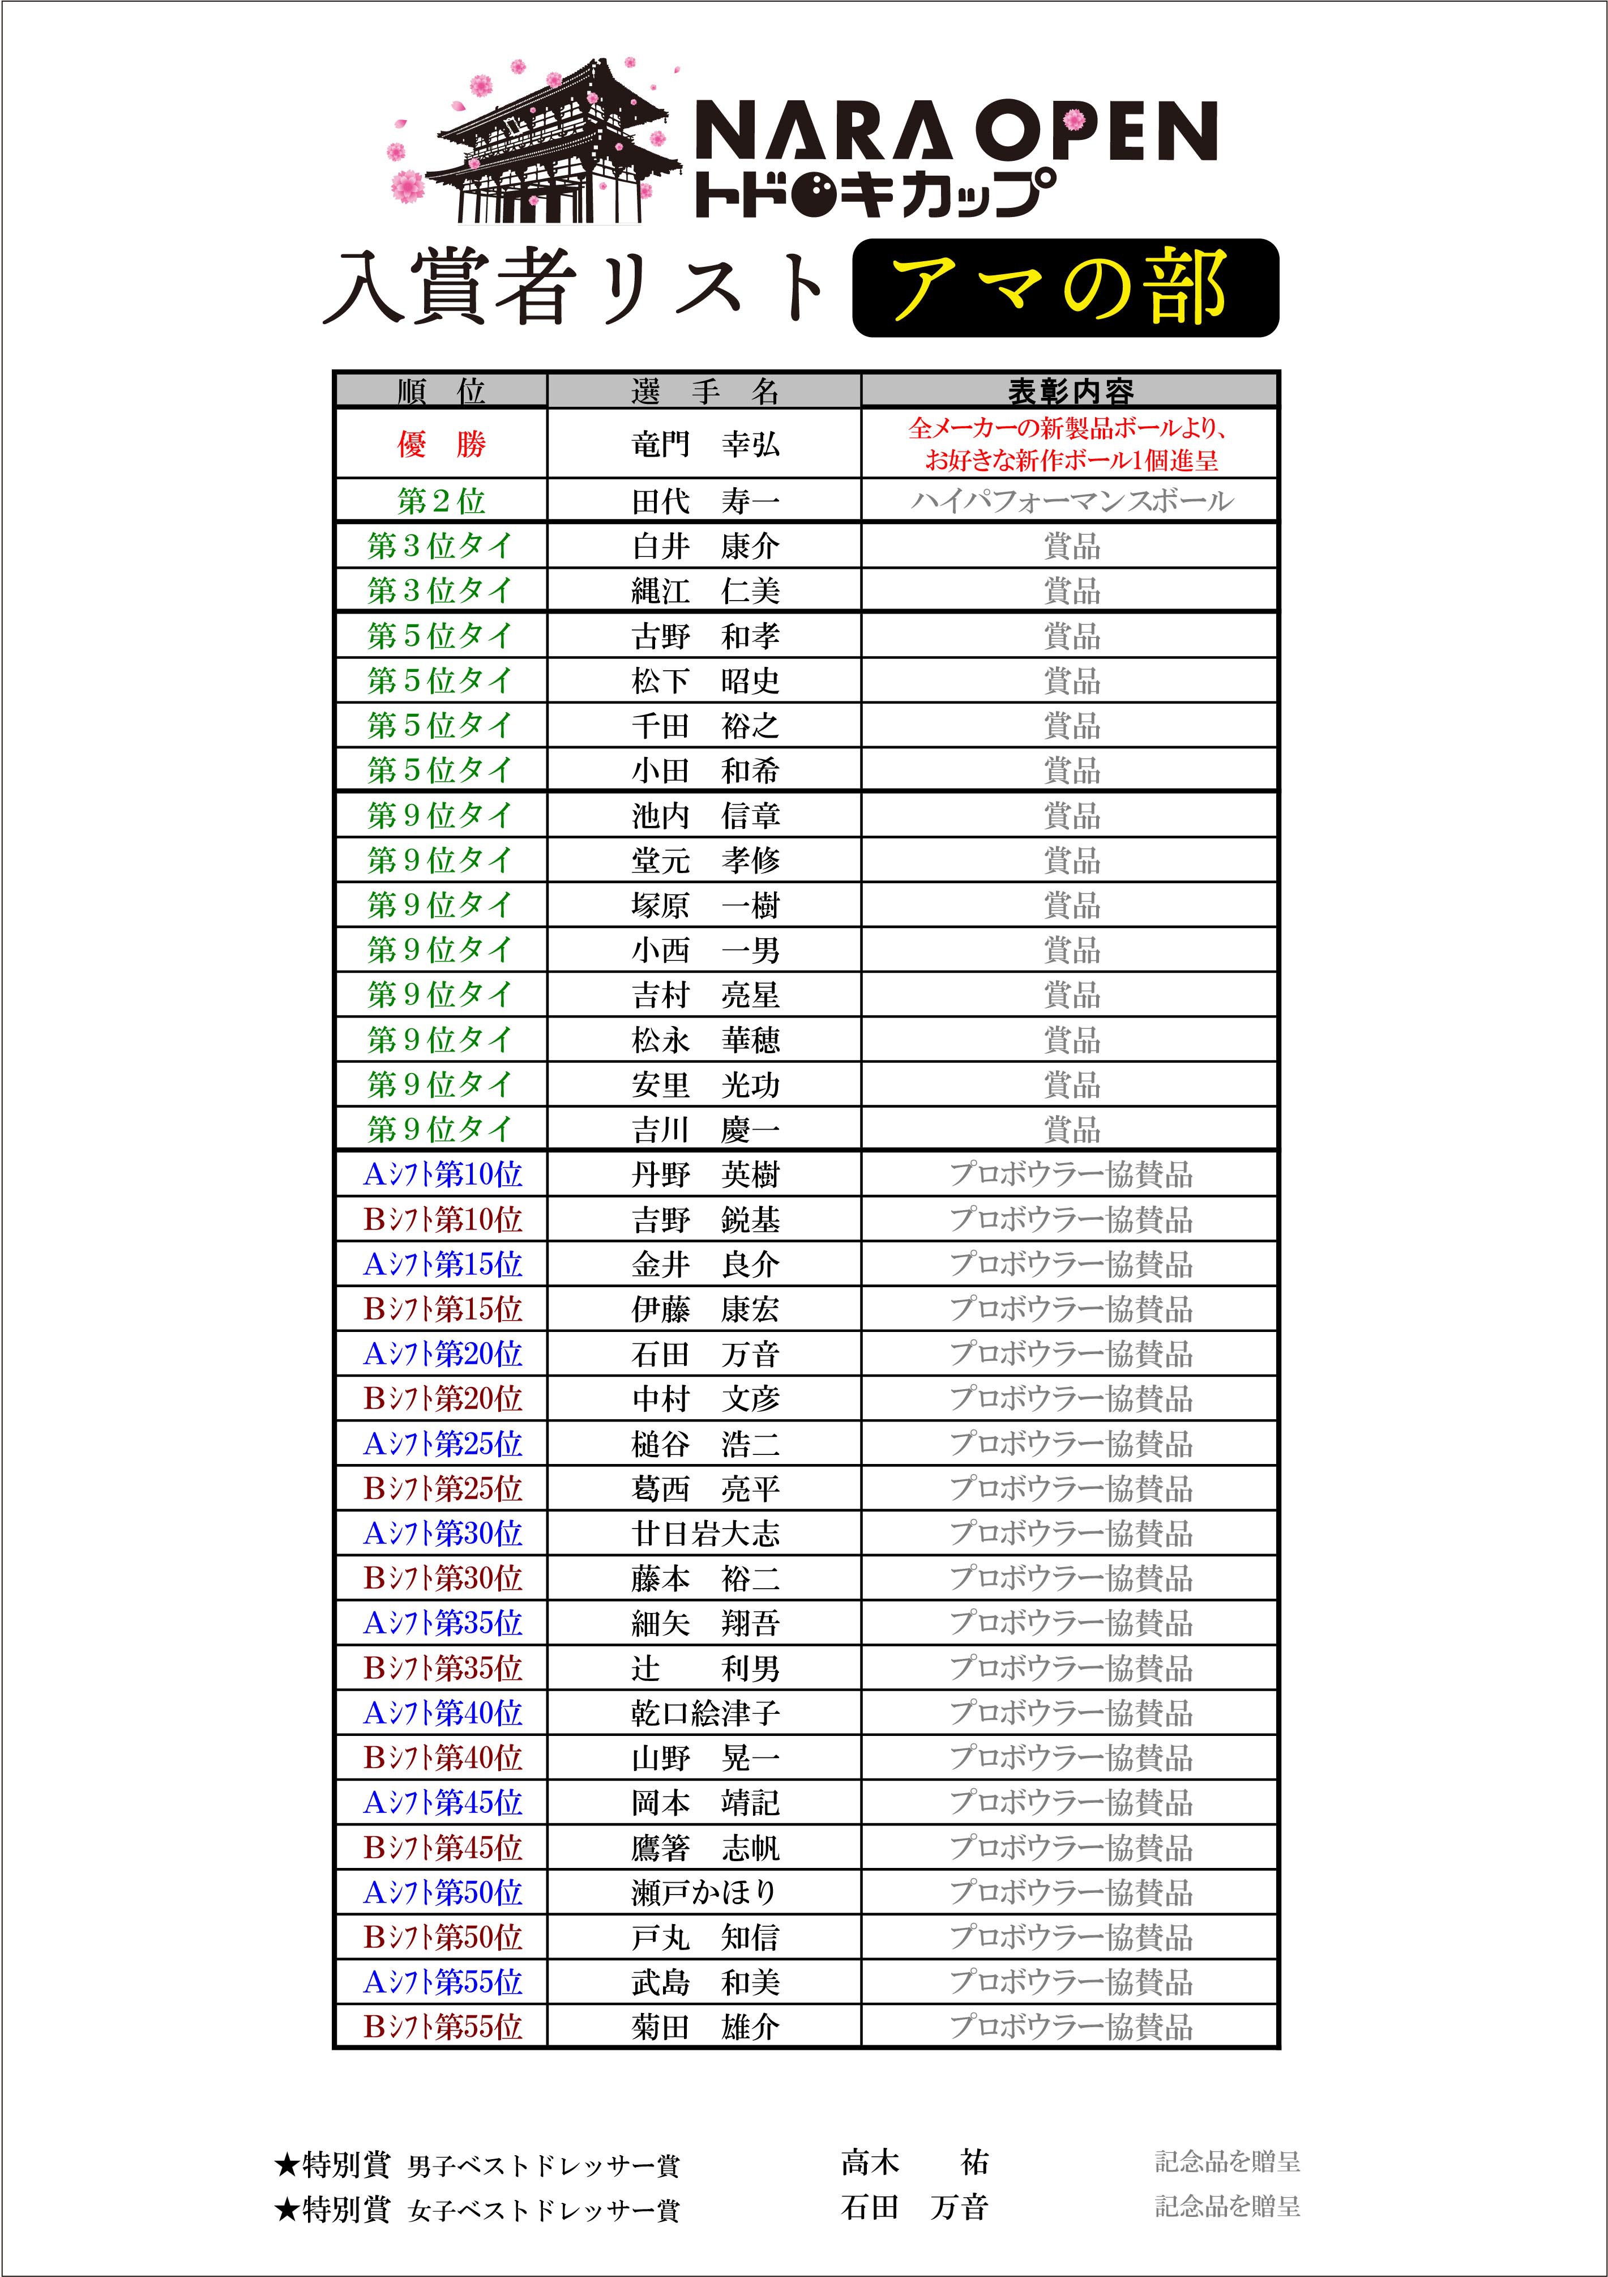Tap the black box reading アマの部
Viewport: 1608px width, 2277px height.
1064,288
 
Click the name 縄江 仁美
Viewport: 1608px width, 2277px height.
705,591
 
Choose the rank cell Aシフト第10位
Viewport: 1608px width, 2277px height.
442,1174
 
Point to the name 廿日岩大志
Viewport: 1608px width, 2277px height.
705,1533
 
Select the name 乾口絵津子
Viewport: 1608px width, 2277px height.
705,1713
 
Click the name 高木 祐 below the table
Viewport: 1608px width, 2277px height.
913,2162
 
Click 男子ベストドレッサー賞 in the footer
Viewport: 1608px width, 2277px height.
544,2166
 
